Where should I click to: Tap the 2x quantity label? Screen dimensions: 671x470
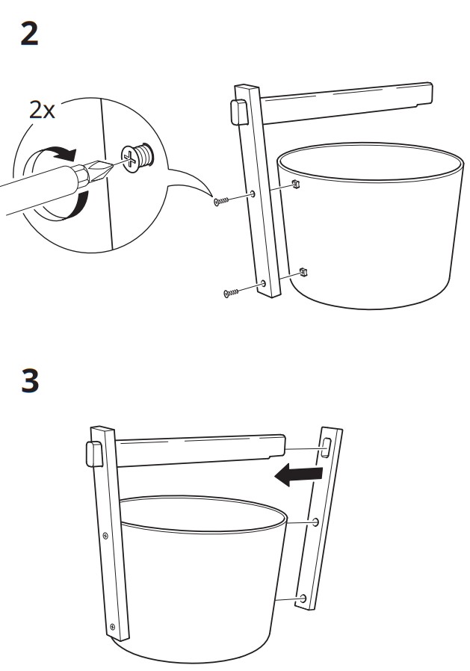point(43,111)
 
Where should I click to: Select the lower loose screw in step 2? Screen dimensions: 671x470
point(232,292)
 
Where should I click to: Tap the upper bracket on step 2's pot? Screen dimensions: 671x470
point(296,182)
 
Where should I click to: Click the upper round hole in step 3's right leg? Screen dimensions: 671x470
point(316,522)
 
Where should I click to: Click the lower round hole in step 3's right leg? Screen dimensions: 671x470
point(303,599)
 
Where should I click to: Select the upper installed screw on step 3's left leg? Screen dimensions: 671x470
point(105,535)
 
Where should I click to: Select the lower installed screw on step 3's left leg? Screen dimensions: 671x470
point(111,626)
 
